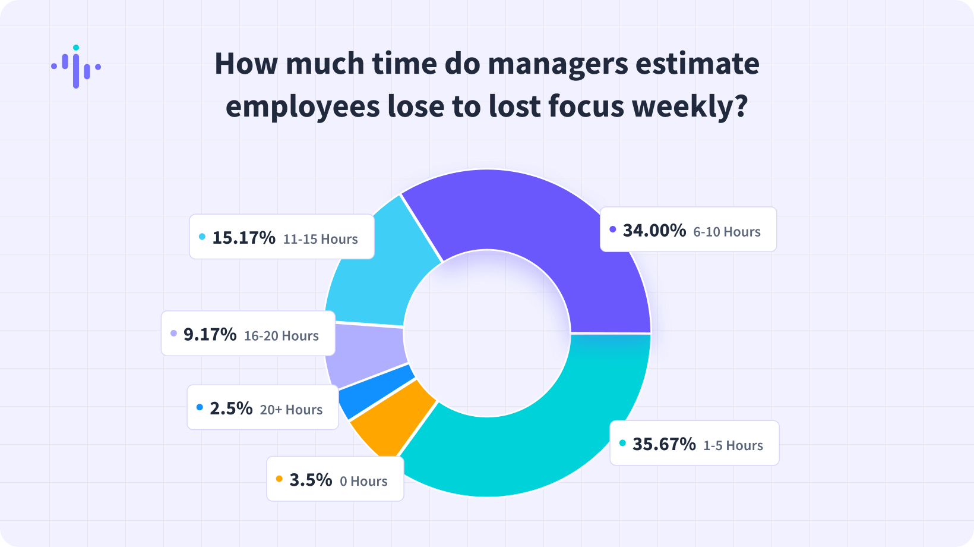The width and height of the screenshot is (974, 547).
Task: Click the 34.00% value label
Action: [654, 231]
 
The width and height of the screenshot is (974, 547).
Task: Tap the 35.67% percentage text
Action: [664, 444]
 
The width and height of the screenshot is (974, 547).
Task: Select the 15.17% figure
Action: [243, 238]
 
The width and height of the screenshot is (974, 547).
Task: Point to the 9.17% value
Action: [210, 335]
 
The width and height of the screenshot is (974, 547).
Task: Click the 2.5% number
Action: [231, 408]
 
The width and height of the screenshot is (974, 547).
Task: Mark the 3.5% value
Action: [311, 480]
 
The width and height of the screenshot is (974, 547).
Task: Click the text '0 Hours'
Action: [363, 481]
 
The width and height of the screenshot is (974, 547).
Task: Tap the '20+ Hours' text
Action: [291, 410]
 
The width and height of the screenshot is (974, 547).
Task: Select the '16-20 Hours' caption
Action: [282, 336]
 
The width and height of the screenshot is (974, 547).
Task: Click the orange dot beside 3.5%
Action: [279, 479]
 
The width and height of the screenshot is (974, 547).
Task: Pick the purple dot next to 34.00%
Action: [613, 230]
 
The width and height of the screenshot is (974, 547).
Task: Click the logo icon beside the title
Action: [76, 67]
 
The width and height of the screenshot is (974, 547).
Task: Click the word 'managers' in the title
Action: [558, 64]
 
